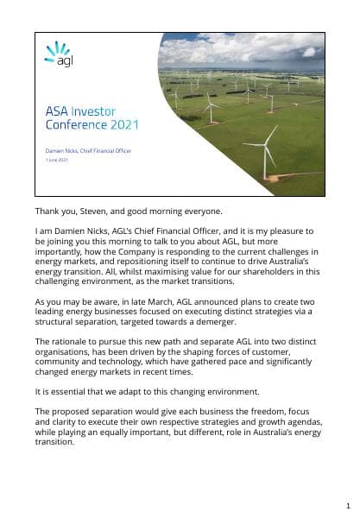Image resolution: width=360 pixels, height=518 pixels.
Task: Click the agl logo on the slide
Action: pyautogui.click(x=57, y=53)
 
